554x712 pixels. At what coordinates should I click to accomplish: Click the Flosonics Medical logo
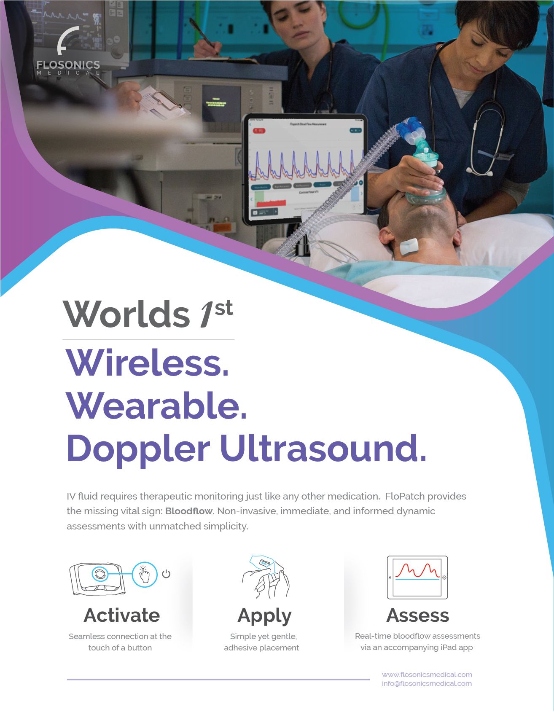[68, 52]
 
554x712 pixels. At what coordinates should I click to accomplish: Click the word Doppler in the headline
[138, 449]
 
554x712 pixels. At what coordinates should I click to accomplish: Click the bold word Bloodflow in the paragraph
[188, 511]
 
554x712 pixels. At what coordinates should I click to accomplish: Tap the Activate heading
[121, 615]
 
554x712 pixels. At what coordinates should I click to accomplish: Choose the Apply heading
[264, 616]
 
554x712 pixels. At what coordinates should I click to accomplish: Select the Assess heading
[417, 615]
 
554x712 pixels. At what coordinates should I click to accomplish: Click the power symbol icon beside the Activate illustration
[166, 574]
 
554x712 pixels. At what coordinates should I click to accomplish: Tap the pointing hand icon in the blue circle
[144, 574]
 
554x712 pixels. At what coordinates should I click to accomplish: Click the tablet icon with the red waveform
[417, 577]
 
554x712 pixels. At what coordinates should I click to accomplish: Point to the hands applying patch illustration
[265, 577]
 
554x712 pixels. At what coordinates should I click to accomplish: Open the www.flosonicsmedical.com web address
[427, 674]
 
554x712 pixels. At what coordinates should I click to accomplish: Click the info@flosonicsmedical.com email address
[427, 683]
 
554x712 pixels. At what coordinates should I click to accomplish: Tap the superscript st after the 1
[223, 308]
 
